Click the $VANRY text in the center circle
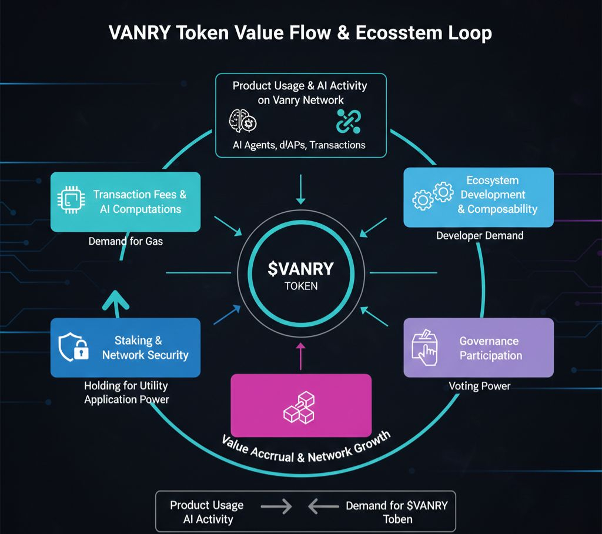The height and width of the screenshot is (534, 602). pos(300,269)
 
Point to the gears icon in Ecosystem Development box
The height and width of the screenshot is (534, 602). pos(433,196)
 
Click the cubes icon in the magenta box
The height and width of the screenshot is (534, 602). pos(300,408)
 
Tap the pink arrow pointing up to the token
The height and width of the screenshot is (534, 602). pos(301,356)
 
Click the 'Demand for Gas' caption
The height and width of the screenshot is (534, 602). pos(125,241)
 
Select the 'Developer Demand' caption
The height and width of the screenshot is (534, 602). pos(479,236)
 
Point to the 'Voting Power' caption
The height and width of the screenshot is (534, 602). pos(479,386)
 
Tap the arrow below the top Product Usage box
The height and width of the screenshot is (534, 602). pos(301,188)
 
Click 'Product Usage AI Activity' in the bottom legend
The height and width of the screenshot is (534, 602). pos(206,512)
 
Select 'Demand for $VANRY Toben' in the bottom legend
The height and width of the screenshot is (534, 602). pos(396,512)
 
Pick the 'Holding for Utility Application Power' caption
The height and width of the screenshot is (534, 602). pos(126,393)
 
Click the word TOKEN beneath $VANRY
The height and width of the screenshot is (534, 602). pos(300,286)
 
